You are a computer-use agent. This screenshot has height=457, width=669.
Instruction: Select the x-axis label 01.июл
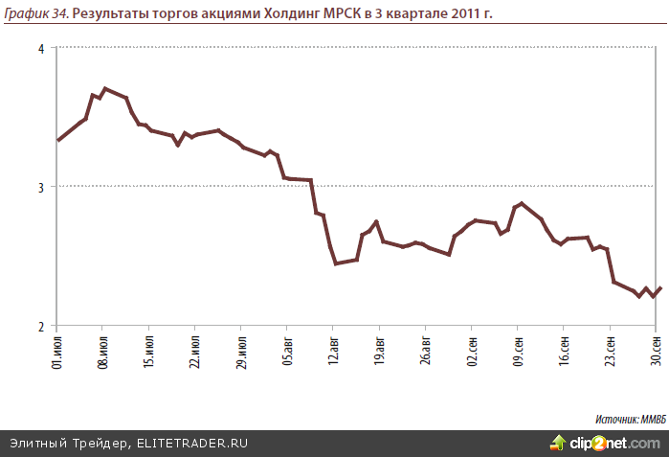point(57,351)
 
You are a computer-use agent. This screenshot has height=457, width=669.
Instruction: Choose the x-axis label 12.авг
point(333,351)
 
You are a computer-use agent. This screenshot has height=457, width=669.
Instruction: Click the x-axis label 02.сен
point(472,351)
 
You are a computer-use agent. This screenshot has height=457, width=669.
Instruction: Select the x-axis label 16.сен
point(564,351)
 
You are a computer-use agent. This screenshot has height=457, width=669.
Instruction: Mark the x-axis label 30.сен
point(657,351)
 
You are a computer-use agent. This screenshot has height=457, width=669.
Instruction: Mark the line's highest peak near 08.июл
point(104,88)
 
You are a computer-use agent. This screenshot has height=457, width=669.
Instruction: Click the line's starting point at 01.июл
point(58,140)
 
